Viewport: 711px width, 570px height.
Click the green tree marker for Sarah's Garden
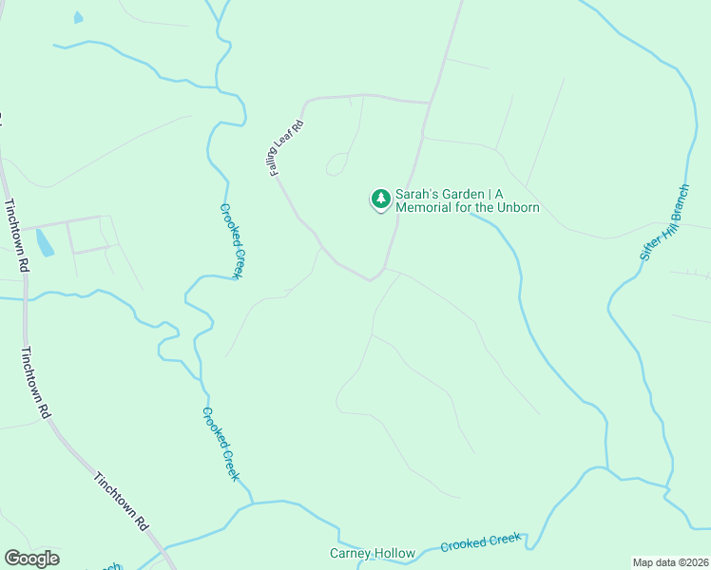(380, 199)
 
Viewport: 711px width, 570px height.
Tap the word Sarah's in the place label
(417, 193)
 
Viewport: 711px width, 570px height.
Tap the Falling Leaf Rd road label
(284, 147)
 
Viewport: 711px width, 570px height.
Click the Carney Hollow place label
(373, 553)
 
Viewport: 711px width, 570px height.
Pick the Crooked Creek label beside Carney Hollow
(481, 542)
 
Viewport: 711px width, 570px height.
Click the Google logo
(31, 558)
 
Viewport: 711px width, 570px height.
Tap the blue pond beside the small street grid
(44, 242)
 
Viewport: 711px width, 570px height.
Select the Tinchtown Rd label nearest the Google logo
(122, 501)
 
